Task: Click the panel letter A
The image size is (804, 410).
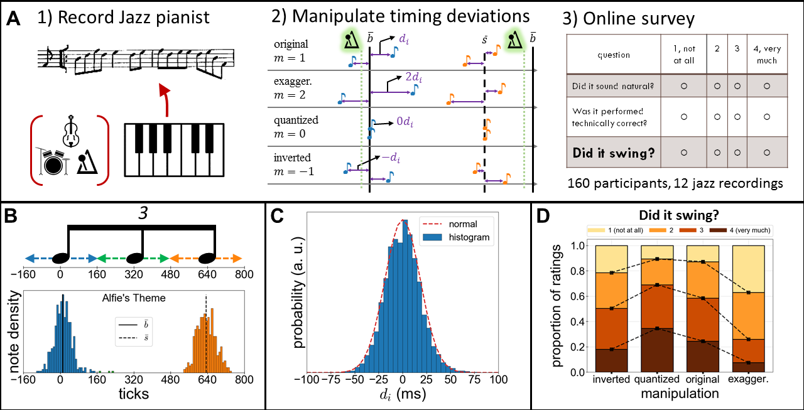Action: (x=13, y=20)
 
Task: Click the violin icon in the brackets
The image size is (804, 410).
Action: (x=70, y=131)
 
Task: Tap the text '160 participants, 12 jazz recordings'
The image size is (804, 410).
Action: (x=675, y=184)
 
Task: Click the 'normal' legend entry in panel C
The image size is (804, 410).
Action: (x=463, y=224)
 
